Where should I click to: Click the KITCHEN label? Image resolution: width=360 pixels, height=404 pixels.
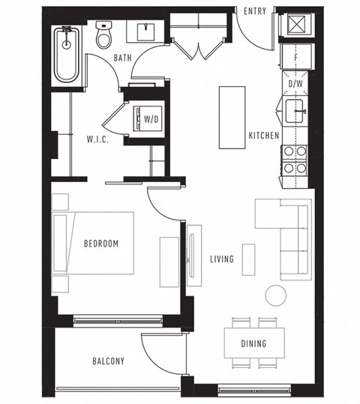pyautogui.click(x=264, y=136)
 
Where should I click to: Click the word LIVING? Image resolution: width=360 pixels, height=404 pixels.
pyautogui.click(x=222, y=259)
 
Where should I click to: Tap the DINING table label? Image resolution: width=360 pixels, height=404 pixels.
pyautogui.click(x=253, y=344)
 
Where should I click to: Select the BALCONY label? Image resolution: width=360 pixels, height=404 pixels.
pyautogui.click(x=108, y=361)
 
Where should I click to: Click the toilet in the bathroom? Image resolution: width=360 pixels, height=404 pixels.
pyautogui.click(x=104, y=35)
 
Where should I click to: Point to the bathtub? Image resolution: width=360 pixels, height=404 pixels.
pyautogui.click(x=67, y=55)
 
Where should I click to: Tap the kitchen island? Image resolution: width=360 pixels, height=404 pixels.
pyautogui.click(x=232, y=117)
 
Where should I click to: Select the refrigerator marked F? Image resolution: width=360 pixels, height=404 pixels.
pyautogui.click(x=296, y=57)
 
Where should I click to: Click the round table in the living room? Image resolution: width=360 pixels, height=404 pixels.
pyautogui.click(x=275, y=295)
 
